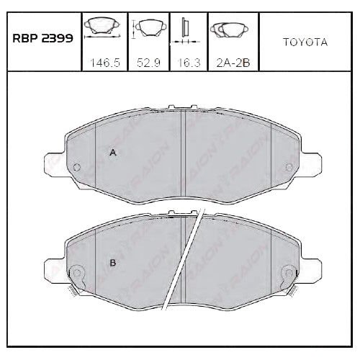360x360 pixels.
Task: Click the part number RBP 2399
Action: coord(42,38)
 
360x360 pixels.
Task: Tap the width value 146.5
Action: coord(104,63)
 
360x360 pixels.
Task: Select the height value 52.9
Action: coord(148,63)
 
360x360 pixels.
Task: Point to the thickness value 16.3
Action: coord(189,63)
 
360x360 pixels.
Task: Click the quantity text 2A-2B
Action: coord(233,63)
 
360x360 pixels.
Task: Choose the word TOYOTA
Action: coord(305,42)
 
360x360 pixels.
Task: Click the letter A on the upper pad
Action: coord(113,152)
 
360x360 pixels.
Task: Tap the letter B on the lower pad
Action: coord(112,263)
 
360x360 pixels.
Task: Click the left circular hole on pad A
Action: coord(77,167)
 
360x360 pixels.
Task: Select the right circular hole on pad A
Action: coord(289,167)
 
